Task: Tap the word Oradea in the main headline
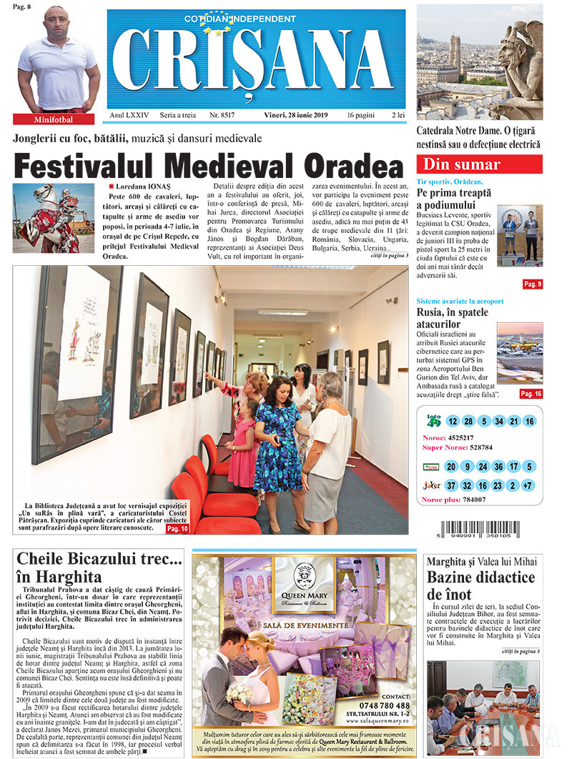tap(355, 167)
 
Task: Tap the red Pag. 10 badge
tap(177, 529)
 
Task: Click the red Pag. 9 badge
tap(533, 284)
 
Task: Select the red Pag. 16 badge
tap(531, 394)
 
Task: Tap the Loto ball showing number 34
tap(498, 421)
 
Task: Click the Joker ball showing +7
tap(529, 485)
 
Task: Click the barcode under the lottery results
tap(479, 532)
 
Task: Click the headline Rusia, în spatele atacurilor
tap(453, 319)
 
